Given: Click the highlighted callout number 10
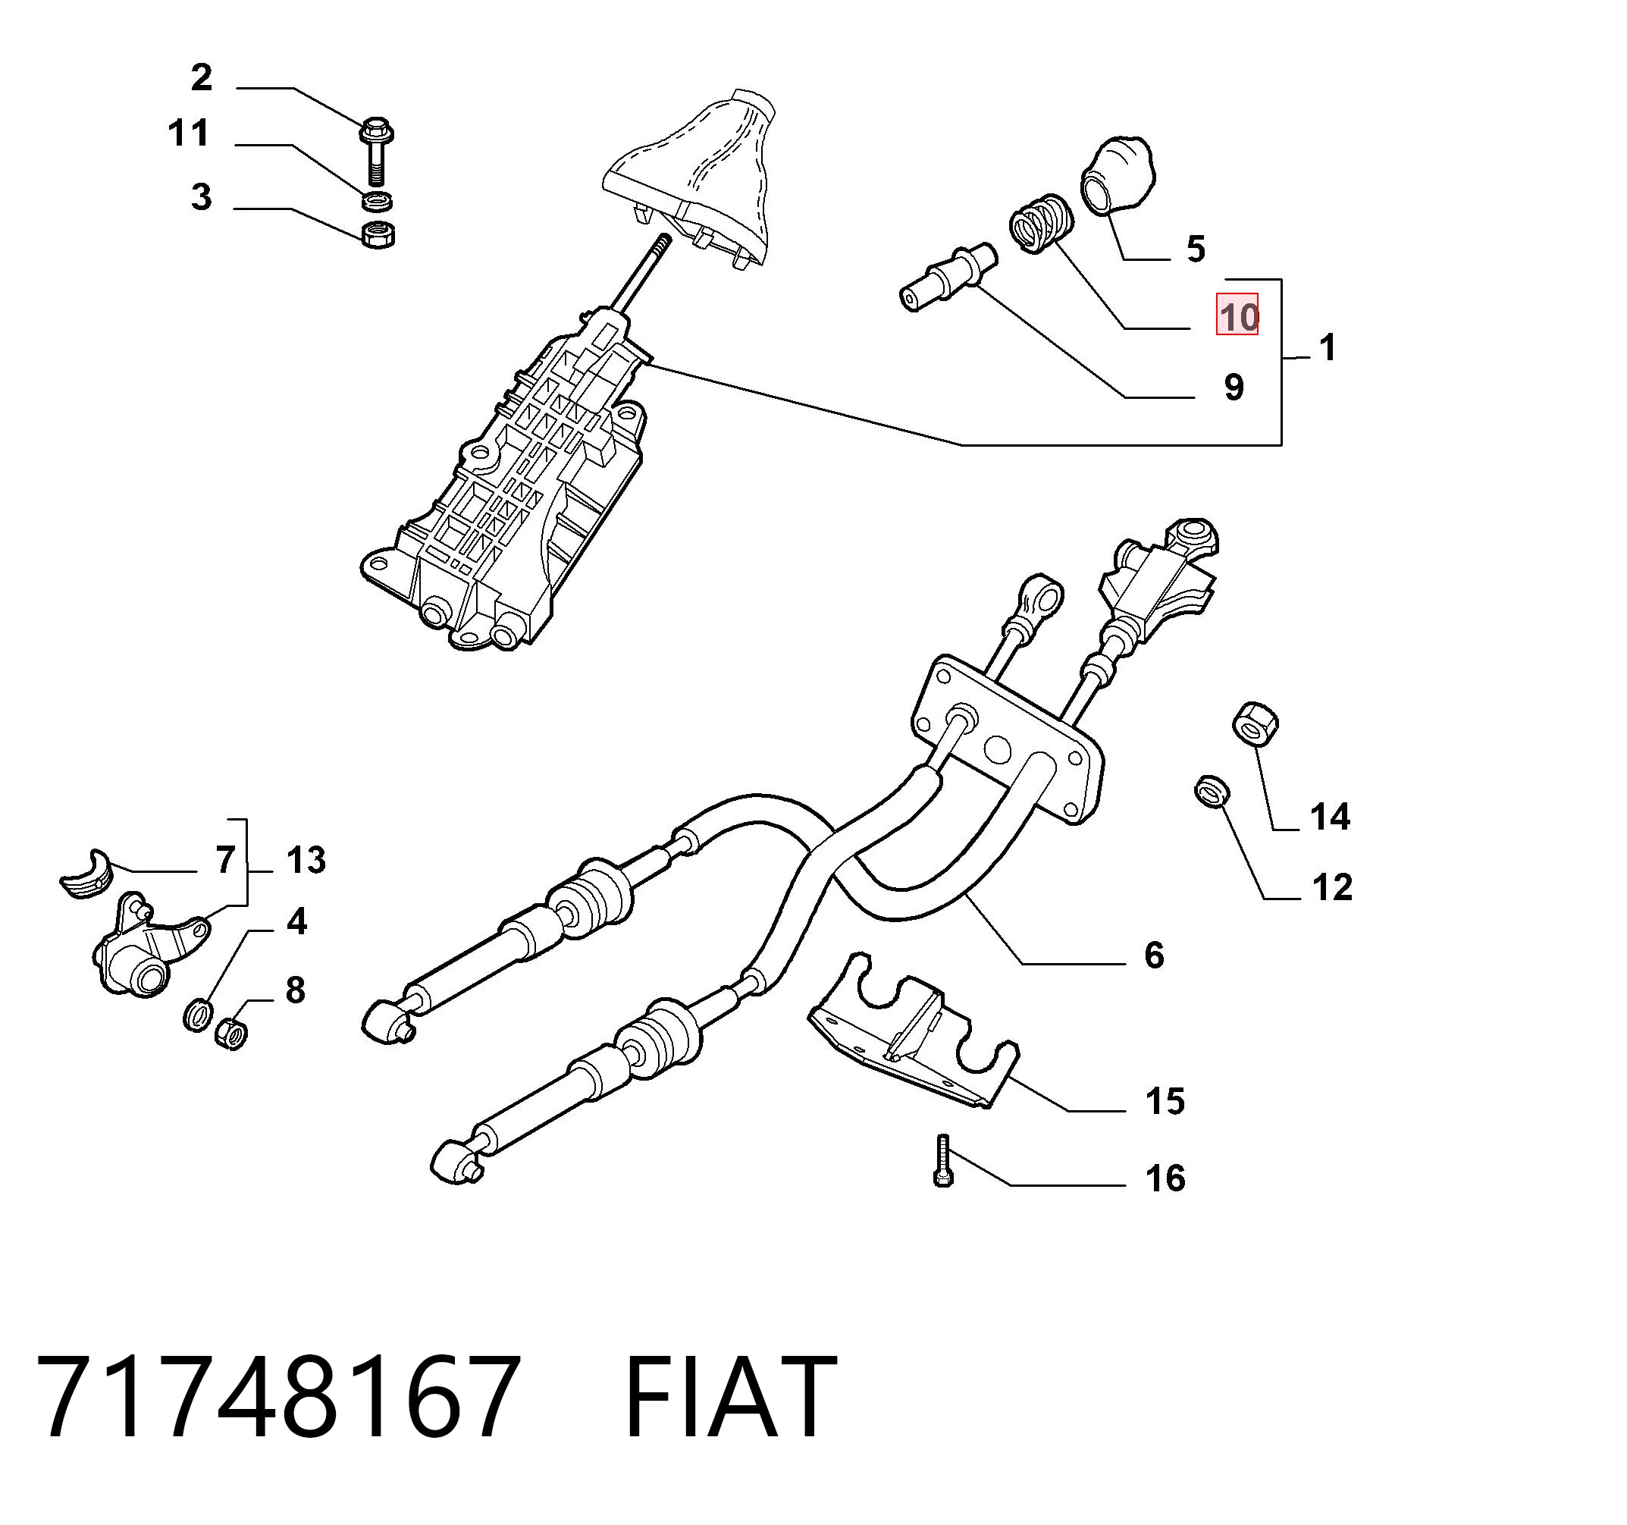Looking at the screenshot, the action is pyautogui.click(x=1237, y=316).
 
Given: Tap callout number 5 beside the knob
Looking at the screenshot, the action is pyautogui.click(x=1196, y=249).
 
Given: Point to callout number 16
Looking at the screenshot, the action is pyautogui.click(x=1165, y=1178).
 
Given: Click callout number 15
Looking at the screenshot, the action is pyautogui.click(x=1165, y=1101).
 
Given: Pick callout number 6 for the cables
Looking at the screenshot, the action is pyautogui.click(x=1154, y=955).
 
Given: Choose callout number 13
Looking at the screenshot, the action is pyautogui.click(x=306, y=860).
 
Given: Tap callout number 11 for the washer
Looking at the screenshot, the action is pyautogui.click(x=188, y=133).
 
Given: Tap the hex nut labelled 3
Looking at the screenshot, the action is pyautogui.click(x=378, y=234).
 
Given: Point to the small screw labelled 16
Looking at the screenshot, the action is pyautogui.click(x=943, y=1161).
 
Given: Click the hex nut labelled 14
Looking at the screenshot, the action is pyautogui.click(x=1256, y=724).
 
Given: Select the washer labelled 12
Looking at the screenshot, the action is pyautogui.click(x=1212, y=792).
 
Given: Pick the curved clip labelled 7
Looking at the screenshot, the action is pyautogui.click(x=86, y=874).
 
